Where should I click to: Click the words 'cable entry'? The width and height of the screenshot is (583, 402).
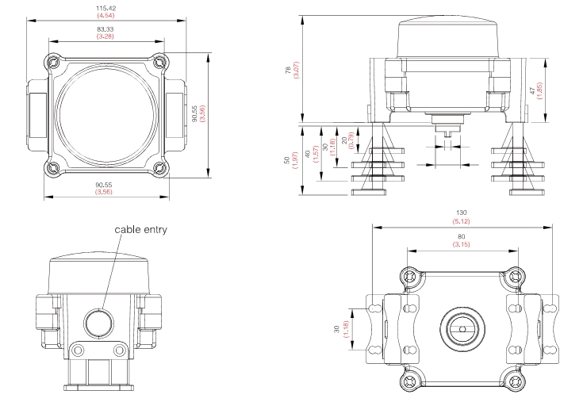[x=140, y=229]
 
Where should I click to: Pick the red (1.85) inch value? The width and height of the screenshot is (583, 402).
[x=561, y=91]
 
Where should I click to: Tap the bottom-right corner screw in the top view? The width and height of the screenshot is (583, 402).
[x=158, y=167]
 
